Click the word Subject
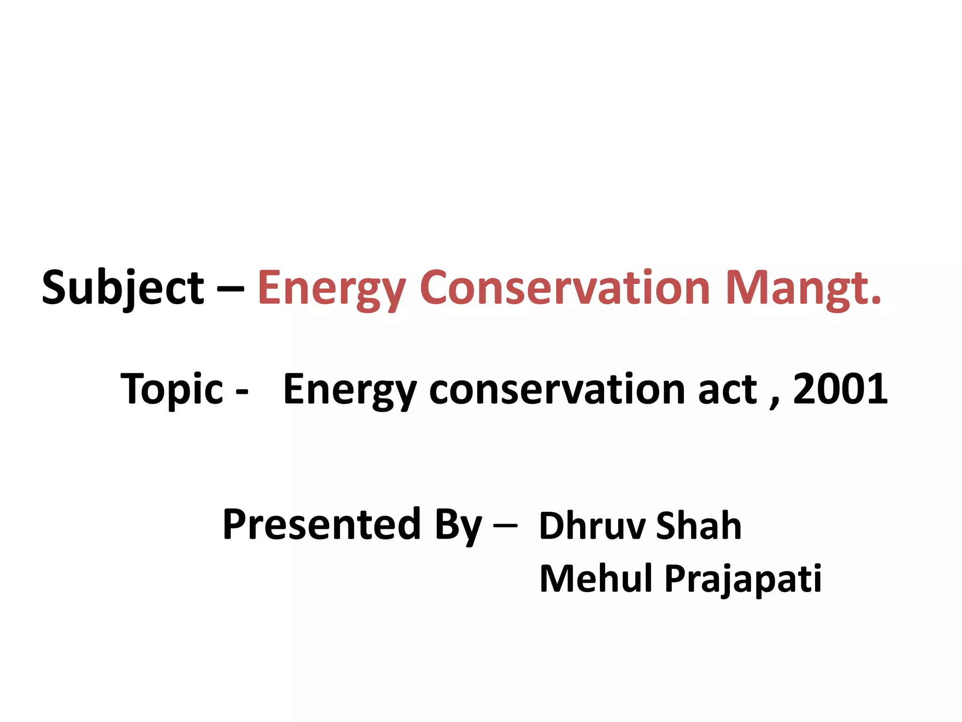[123, 288]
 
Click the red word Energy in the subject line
[331, 288]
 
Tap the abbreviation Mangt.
[799, 288]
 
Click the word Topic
[171, 389]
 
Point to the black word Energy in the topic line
[350, 389]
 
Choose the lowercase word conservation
[557, 389]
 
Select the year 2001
[840, 388]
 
